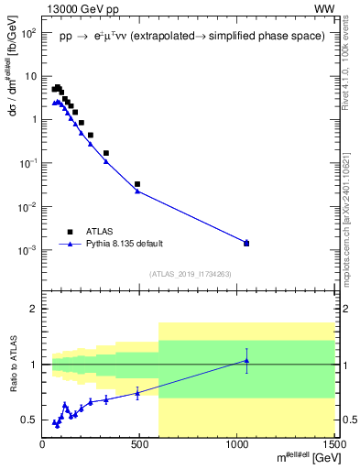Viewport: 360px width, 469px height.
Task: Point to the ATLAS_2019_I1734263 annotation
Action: click(189, 273)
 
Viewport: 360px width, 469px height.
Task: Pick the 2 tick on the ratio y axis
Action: click(34, 309)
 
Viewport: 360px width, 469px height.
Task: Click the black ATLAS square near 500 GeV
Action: click(137, 184)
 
